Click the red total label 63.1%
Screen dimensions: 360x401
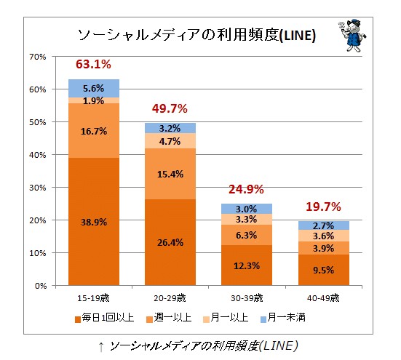tap(93, 65)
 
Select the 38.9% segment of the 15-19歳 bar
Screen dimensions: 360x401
tap(93, 221)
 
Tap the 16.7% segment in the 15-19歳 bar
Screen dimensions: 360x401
tap(93, 131)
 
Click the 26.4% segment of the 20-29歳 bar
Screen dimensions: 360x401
tap(170, 241)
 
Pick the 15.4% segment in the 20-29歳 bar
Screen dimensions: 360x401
tap(170, 174)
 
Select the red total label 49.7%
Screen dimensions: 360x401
tap(170, 109)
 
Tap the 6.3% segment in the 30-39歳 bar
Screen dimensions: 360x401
tap(246, 235)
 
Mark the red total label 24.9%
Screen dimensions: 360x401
tap(246, 191)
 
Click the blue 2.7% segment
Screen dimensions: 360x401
tap(322, 225)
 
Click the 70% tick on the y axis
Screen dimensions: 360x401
tap(38, 57)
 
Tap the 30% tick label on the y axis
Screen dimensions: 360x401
tap(38, 188)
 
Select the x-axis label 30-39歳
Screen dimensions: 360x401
tap(246, 298)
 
